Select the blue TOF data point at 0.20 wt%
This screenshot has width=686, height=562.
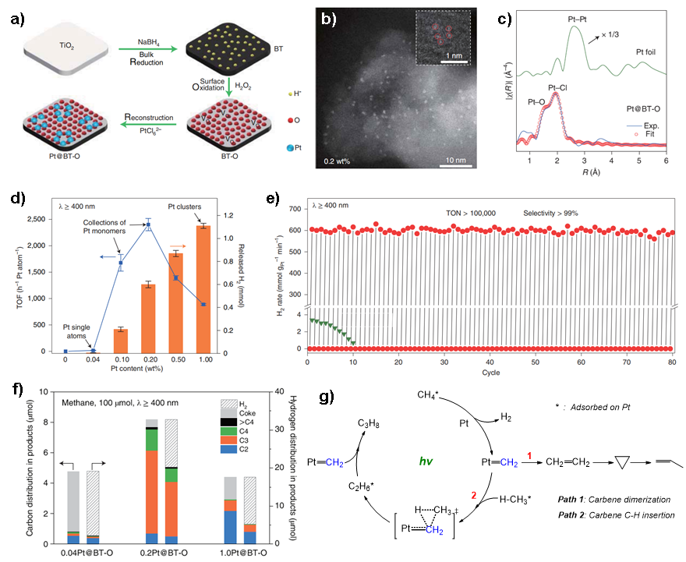(147, 225)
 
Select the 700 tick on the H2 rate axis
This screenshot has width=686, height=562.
(295, 209)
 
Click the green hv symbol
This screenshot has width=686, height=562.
(426, 461)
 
